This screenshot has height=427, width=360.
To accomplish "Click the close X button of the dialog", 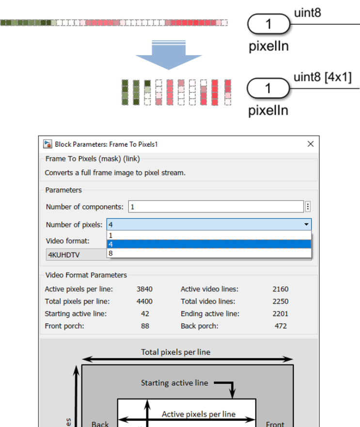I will pos(311,144).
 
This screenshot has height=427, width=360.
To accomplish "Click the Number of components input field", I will pos(216,207).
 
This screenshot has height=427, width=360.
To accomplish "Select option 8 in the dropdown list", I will pos(208,253).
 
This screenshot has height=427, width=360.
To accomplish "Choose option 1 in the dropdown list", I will pos(208,235).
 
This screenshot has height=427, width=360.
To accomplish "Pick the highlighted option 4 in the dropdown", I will pos(208,244).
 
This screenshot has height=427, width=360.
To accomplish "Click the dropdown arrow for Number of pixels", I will pos(306,225).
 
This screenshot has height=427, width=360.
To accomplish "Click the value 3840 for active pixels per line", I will pos(144,289).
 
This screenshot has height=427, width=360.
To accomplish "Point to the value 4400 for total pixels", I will pos(144,301).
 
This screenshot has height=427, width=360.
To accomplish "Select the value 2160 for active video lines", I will pos(280,289).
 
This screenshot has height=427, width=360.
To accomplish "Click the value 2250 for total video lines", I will pos(280,301).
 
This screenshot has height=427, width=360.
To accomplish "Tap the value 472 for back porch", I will pos(281,326).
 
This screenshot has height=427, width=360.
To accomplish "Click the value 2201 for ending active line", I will pos(280,314).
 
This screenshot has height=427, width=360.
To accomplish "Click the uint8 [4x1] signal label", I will pos(322,77).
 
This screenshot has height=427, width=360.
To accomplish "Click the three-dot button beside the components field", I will pos(308,207).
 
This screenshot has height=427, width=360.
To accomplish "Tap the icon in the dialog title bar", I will pos(47,144).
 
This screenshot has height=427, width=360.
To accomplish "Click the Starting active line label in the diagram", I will pos(174,383).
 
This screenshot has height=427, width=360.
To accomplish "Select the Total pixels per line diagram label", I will pos(176,352).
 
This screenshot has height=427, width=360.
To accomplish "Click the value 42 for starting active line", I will pos(144,314).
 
